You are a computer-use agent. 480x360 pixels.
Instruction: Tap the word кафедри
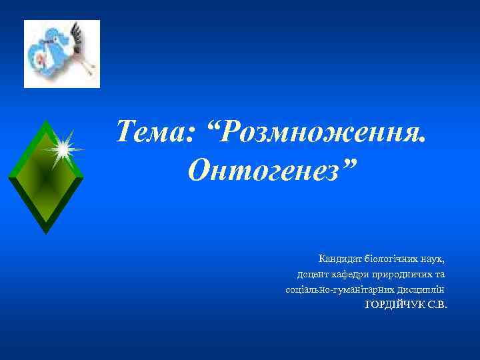(357, 274)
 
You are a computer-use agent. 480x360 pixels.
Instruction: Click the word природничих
(407, 274)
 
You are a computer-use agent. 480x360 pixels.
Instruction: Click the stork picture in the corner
(62, 54)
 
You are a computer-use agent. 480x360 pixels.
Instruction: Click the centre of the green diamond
(45, 177)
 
